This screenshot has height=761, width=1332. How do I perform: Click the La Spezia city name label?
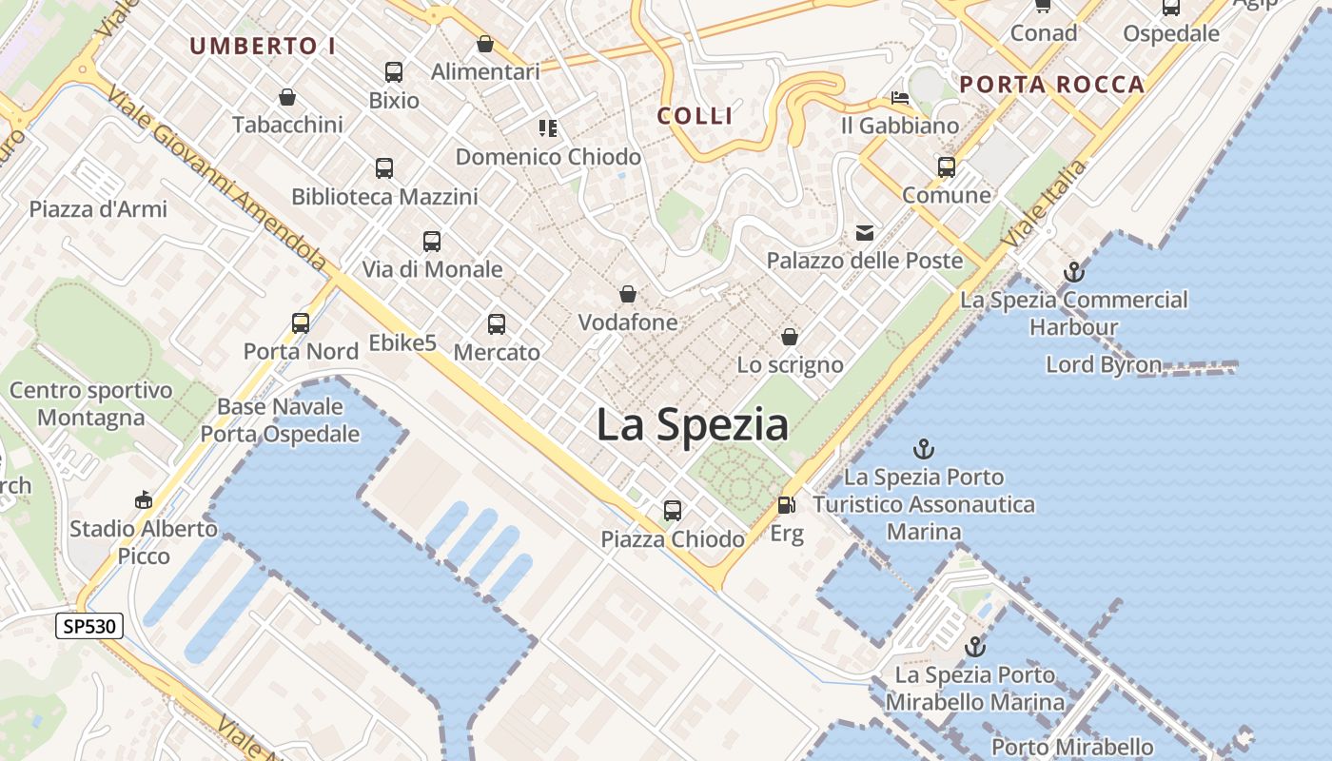pyautogui.click(x=692, y=424)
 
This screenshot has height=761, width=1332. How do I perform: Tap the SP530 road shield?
pyautogui.click(x=89, y=626)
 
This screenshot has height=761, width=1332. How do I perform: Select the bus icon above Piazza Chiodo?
pyautogui.click(x=673, y=511)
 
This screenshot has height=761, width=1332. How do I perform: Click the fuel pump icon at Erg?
pyautogui.click(x=786, y=505)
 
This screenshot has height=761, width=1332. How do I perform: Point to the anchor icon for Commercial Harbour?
pyautogui.click(x=1074, y=272)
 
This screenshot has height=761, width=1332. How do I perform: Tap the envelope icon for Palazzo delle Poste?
pyautogui.click(x=865, y=232)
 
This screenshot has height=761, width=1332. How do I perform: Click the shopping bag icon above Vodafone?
pyautogui.click(x=628, y=294)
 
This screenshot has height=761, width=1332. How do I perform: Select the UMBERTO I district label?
pyautogui.click(x=263, y=46)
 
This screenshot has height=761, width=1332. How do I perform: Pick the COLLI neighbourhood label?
pyautogui.click(x=695, y=116)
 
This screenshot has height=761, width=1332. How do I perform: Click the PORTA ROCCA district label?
pyautogui.click(x=1051, y=85)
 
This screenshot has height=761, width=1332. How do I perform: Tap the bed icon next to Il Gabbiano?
pyautogui.click(x=900, y=98)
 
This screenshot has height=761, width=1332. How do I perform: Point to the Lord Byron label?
pyautogui.click(x=1104, y=364)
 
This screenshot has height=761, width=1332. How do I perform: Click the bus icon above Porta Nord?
pyautogui.click(x=301, y=323)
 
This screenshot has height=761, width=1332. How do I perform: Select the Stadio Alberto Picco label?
pyautogui.click(x=144, y=542)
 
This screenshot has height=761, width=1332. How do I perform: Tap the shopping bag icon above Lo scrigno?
pyautogui.click(x=790, y=337)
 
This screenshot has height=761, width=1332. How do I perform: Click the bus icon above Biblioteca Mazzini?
pyautogui.click(x=384, y=168)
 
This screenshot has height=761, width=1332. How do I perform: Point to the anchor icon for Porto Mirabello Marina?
pyautogui.click(x=975, y=647)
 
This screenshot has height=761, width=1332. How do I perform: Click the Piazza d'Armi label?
pyautogui.click(x=98, y=209)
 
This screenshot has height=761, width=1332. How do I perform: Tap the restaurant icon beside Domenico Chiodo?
pyautogui.click(x=547, y=127)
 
